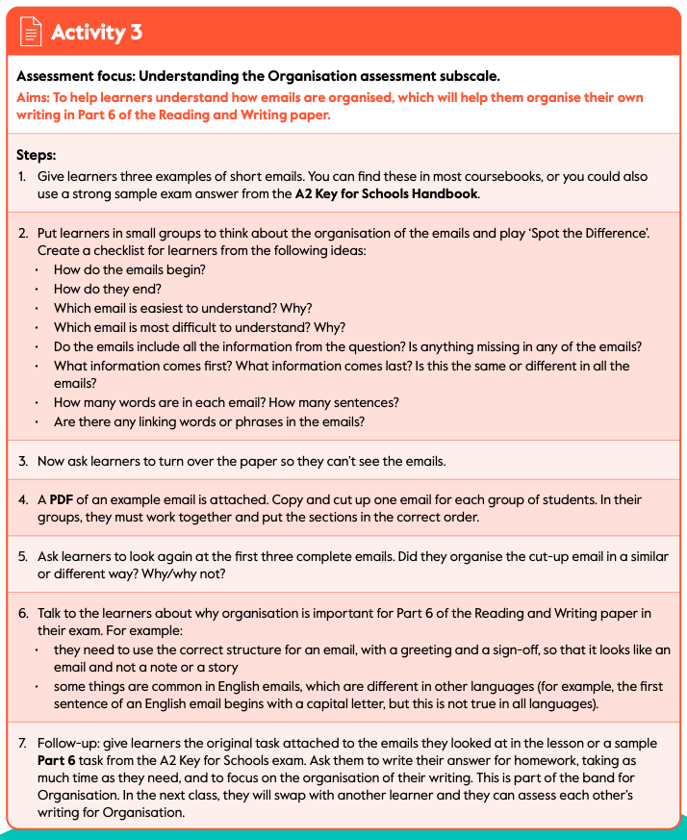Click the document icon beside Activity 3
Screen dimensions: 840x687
pos(32,32)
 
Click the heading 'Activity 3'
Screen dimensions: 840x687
pos(96,32)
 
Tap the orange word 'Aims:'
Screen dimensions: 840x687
pos(35,98)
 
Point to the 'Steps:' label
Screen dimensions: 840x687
pos(37,154)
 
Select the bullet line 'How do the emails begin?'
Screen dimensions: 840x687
pos(130,269)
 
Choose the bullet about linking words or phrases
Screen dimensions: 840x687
pos(216,421)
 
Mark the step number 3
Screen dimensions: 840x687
pos(22,461)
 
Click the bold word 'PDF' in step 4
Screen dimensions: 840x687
pos(62,500)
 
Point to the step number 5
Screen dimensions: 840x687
pos(22,557)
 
